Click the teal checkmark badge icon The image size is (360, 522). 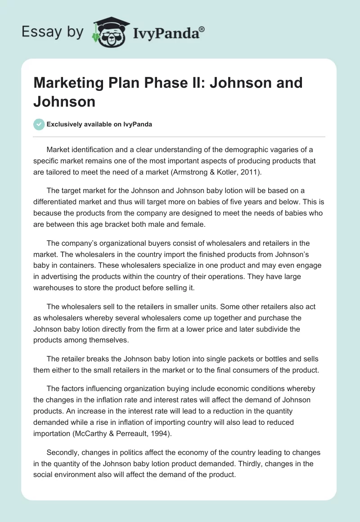pos(39,125)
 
